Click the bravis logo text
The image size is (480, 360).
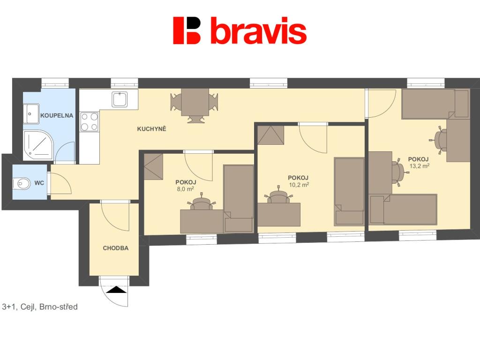point(259,30)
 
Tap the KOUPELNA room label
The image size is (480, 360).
point(57,116)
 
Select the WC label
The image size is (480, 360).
point(39,183)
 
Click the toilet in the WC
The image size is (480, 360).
point(22,184)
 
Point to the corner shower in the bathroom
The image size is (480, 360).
point(38,146)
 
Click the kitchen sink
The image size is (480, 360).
point(120,99)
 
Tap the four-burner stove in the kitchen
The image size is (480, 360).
point(90,122)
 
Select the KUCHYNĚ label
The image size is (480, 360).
point(151,129)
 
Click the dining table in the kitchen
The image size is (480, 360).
point(195,102)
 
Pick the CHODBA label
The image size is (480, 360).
point(116,248)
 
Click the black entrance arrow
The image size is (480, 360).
point(116,290)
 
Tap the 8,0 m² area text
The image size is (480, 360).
point(186,189)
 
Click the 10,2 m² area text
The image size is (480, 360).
point(299,185)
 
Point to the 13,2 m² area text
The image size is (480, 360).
point(420,166)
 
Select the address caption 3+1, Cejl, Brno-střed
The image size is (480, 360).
point(40,307)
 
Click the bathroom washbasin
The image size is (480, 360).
point(31,114)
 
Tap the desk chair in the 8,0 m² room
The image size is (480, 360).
point(201,203)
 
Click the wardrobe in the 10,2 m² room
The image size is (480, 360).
point(270,135)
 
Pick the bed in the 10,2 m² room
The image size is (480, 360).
point(349,192)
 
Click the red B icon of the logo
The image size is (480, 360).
point(187,30)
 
